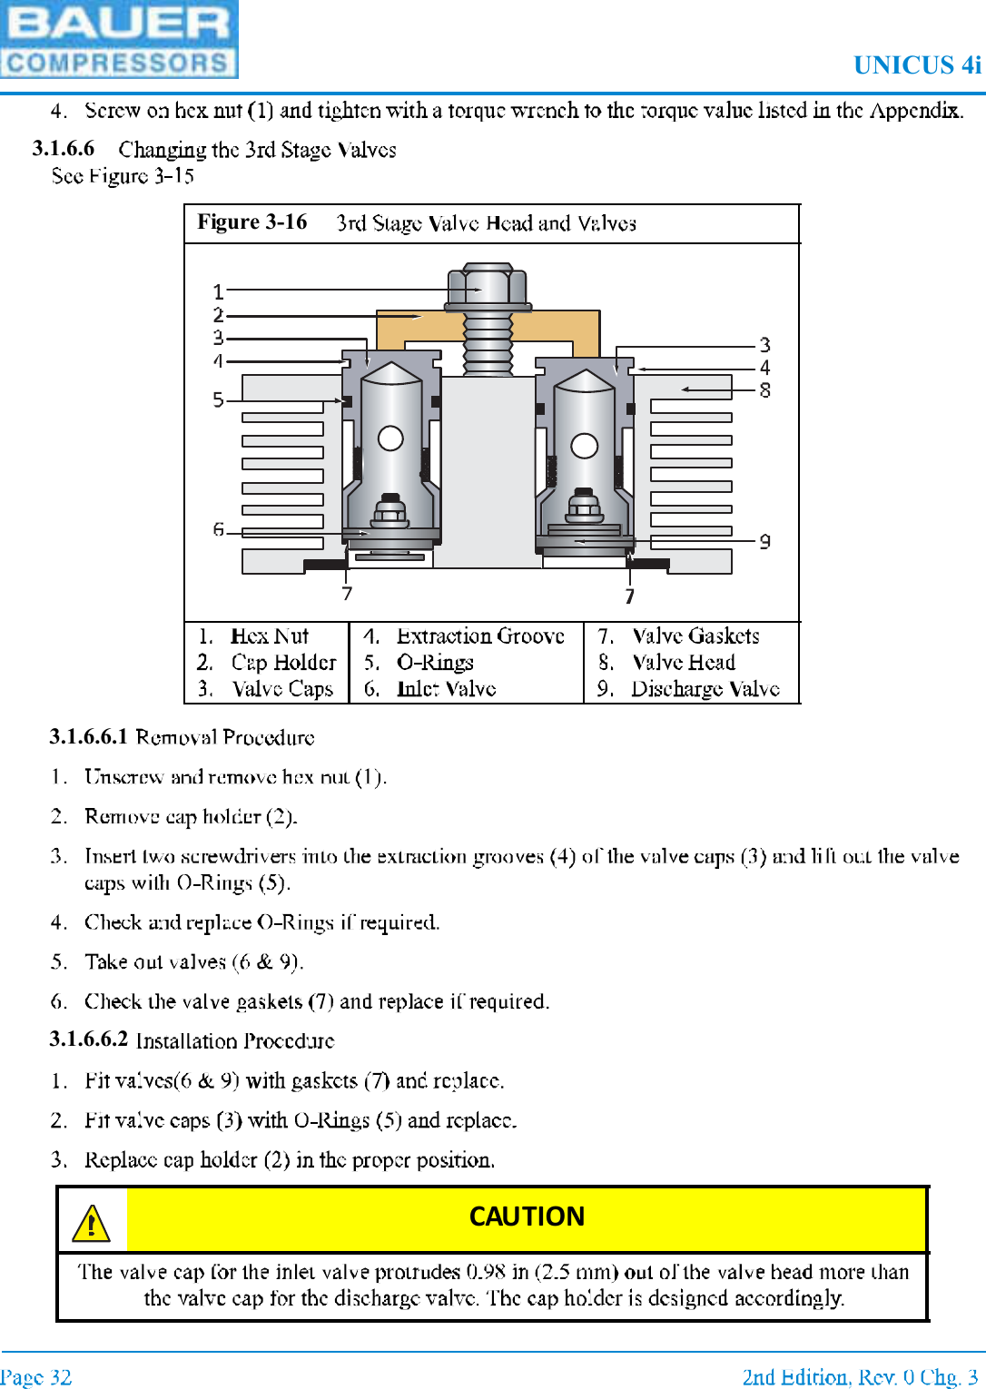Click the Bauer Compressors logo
click(x=119, y=39)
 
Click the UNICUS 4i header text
click(x=917, y=65)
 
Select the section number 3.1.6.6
click(x=63, y=148)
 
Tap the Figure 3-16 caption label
click(x=252, y=222)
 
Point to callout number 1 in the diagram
click(x=218, y=291)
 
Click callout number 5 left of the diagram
click(x=218, y=400)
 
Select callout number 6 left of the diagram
click(x=218, y=529)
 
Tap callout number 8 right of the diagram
click(x=765, y=390)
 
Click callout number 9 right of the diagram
click(x=765, y=541)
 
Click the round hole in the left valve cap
click(x=390, y=438)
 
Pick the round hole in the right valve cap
click(x=584, y=446)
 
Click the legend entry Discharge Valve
click(x=705, y=689)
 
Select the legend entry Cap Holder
click(x=283, y=663)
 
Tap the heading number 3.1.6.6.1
click(x=88, y=736)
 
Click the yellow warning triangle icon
click(x=91, y=1223)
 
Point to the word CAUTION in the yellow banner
click(x=527, y=1217)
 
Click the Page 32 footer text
click(x=35, y=1377)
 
